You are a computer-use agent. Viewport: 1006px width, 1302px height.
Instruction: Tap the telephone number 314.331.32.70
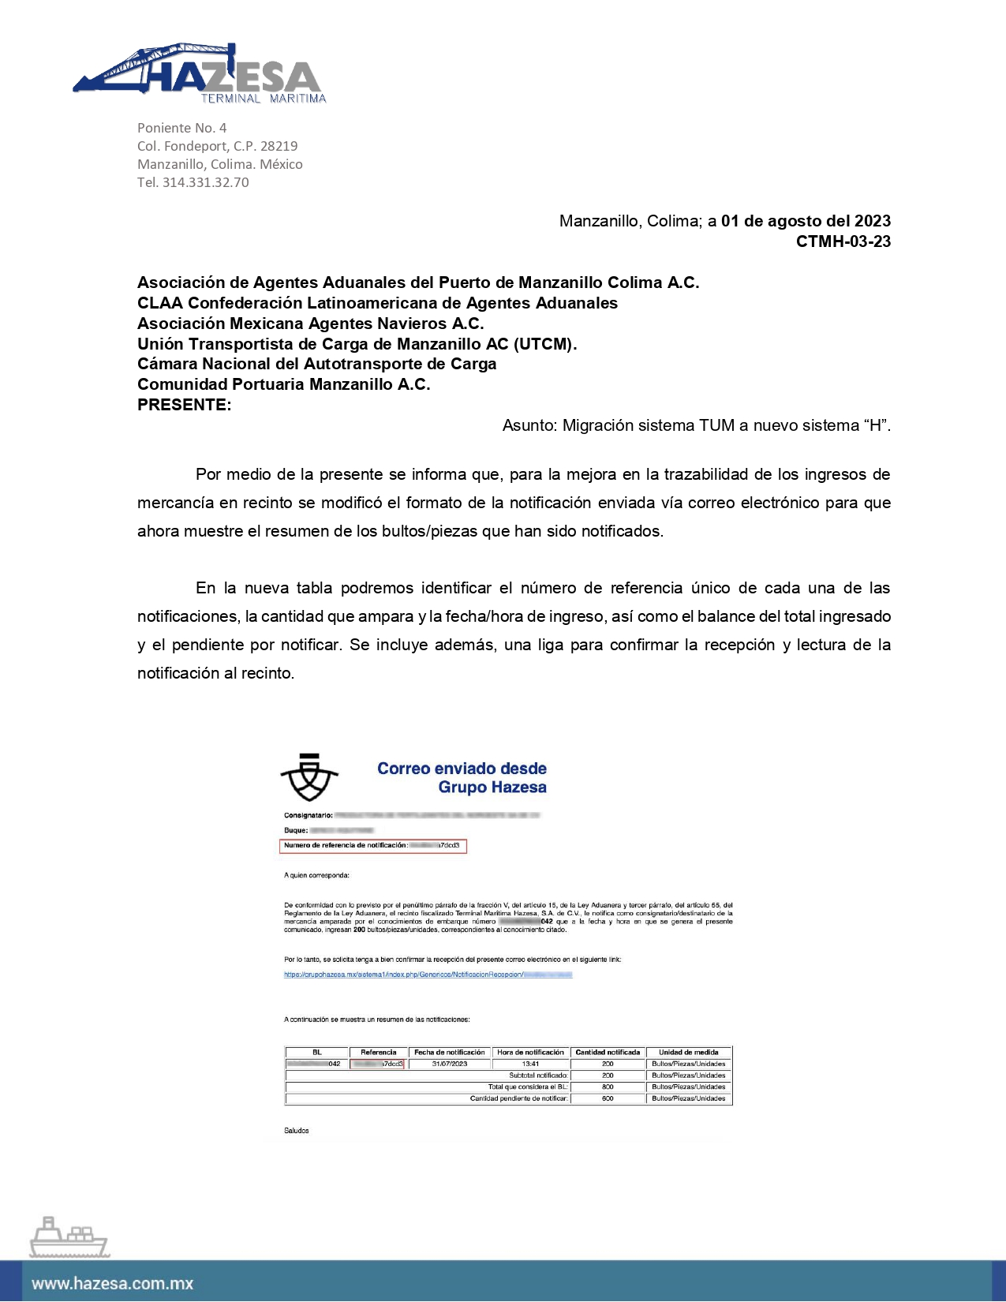click(x=205, y=182)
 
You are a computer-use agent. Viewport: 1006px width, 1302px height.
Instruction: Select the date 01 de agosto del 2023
click(x=806, y=221)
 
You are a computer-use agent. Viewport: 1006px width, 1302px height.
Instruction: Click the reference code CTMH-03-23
click(x=843, y=241)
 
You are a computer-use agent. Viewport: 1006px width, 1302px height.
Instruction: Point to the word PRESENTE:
click(x=185, y=405)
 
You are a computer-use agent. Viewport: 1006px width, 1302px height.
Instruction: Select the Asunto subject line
click(x=696, y=425)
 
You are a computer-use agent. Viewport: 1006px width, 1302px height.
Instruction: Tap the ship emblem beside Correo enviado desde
click(x=309, y=777)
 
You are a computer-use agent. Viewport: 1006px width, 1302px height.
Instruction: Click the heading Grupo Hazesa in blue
click(x=492, y=787)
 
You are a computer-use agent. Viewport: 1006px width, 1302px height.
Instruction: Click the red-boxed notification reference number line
click(x=372, y=846)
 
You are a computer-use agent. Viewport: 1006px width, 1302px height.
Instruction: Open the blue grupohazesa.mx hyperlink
click(x=428, y=975)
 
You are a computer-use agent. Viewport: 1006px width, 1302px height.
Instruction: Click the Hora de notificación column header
click(x=530, y=1052)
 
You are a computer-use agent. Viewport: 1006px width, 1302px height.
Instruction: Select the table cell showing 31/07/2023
click(x=450, y=1064)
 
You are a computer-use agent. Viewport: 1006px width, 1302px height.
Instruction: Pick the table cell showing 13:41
click(x=530, y=1064)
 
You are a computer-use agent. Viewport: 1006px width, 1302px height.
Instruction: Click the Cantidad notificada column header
click(x=608, y=1052)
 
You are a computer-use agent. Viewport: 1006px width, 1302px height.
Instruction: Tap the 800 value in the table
click(x=608, y=1087)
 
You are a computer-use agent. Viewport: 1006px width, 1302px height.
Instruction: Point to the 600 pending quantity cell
click(x=608, y=1098)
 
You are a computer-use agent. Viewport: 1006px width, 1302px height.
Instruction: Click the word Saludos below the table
click(x=297, y=1131)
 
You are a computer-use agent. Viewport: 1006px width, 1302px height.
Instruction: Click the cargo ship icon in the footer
click(x=69, y=1237)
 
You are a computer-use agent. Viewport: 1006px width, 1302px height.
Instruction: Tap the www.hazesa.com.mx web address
click(x=113, y=1284)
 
